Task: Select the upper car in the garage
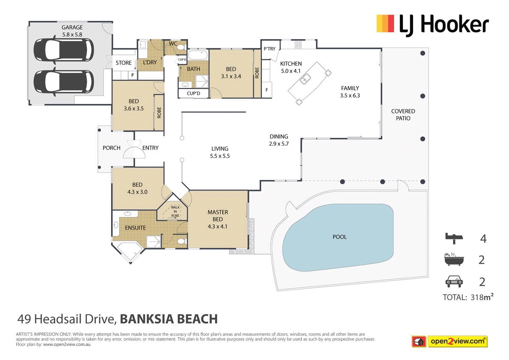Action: pyautogui.click(x=64, y=50)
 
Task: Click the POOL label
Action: pyautogui.click(x=339, y=237)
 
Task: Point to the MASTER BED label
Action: pyautogui.click(x=218, y=219)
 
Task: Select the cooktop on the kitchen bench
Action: pyautogui.click(x=298, y=44)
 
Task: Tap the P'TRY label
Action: pyautogui.click(x=269, y=49)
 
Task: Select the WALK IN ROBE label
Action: pyautogui.click(x=175, y=211)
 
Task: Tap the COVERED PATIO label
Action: pyautogui.click(x=403, y=115)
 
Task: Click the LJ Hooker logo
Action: pyautogui.click(x=433, y=25)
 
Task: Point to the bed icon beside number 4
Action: pyautogui.click(x=453, y=239)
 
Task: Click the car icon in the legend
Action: pyautogui.click(x=453, y=281)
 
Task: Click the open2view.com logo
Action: pyautogui.click(x=450, y=341)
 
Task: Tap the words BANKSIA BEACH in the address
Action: pyautogui.click(x=169, y=319)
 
